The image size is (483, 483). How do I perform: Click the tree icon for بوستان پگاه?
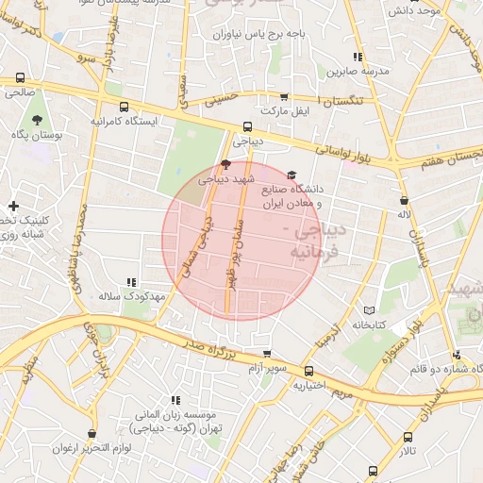(x=37, y=120)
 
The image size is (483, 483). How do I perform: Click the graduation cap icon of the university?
(x=291, y=175)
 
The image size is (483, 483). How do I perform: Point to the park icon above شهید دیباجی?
(x=224, y=163)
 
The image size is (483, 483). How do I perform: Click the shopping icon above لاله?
(x=405, y=200)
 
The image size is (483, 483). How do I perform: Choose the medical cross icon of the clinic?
(x=12, y=207)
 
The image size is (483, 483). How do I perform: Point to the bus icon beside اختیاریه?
(x=309, y=370)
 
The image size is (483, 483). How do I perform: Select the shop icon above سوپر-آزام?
(x=267, y=354)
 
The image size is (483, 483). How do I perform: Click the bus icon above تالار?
(x=408, y=438)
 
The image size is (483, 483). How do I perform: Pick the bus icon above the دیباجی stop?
(x=247, y=126)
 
